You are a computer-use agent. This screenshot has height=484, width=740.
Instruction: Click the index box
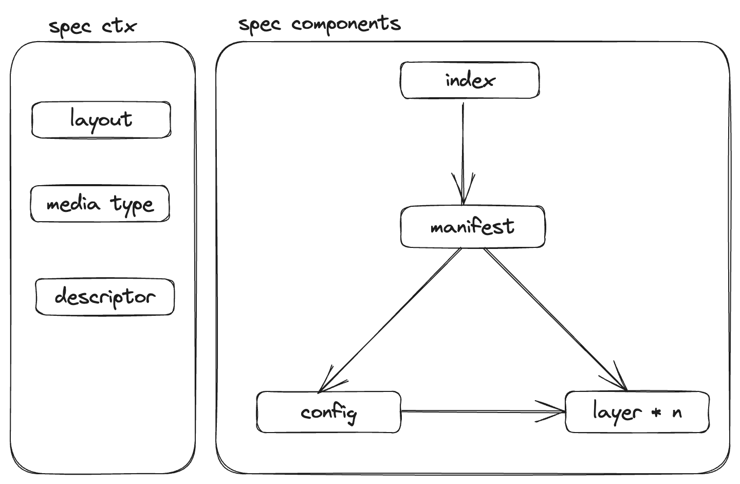[470, 80]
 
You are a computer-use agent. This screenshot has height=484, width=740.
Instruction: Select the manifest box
[472, 227]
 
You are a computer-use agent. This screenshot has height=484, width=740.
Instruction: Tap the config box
[328, 412]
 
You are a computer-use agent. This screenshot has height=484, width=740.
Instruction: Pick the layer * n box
[637, 412]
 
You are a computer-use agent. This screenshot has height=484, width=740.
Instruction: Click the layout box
[101, 120]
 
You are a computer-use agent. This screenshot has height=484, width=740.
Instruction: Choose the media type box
[100, 204]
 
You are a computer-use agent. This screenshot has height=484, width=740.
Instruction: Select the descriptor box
[105, 297]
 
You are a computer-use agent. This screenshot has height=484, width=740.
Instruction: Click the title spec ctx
[92, 26]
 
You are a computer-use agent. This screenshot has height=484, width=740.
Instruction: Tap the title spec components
[319, 24]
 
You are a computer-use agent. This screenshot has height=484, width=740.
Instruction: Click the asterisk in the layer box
[656, 413]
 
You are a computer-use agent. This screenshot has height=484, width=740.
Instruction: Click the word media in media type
[73, 204]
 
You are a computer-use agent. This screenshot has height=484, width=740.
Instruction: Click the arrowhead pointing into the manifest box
[463, 193]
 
